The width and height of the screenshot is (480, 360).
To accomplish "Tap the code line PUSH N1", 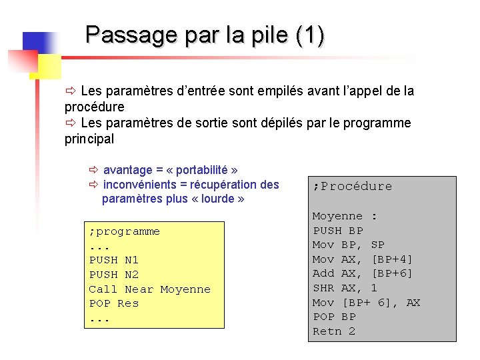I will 113,260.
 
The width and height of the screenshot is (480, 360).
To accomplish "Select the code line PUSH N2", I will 113,275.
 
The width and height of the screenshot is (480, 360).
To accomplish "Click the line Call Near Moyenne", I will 149,289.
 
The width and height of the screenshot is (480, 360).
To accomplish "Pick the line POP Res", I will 113,303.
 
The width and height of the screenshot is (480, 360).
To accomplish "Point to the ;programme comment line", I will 124,231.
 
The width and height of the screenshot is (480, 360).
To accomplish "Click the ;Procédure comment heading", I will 352,187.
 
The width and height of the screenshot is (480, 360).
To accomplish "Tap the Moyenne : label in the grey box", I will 345,216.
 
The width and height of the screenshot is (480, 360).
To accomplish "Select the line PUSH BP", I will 338,231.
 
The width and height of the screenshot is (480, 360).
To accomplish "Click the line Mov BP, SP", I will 349,245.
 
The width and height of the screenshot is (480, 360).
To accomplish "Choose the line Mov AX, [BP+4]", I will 363,259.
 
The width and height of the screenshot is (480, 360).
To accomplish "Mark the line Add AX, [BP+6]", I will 363,274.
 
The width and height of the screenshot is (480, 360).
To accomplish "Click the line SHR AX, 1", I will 345,288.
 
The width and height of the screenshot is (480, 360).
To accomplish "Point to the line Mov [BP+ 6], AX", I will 366,303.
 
